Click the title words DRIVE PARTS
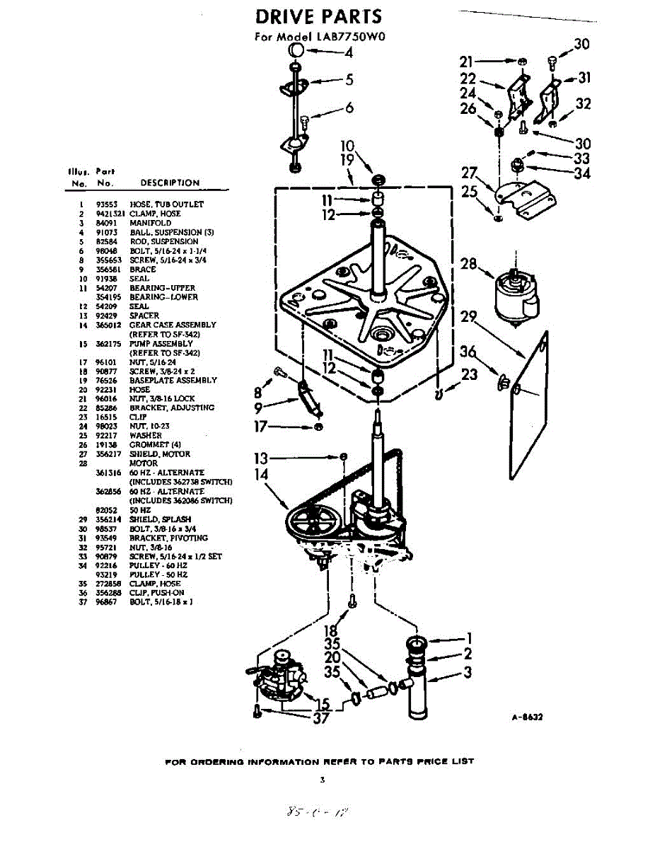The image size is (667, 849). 318,16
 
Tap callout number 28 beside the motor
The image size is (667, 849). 468,265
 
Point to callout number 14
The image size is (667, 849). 262,475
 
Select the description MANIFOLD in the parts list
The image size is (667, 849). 150,223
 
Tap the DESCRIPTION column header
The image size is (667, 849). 170,183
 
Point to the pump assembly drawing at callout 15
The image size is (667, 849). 279,679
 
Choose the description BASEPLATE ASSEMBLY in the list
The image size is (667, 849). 173,380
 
